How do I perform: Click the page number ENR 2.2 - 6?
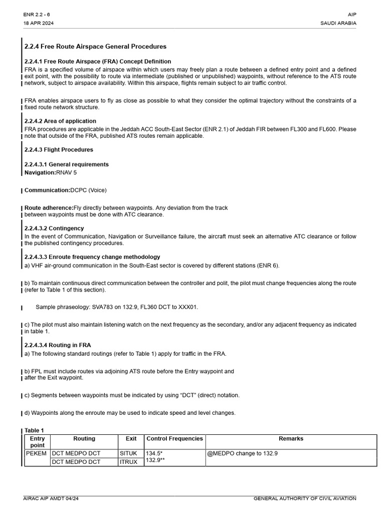click(x=37, y=15)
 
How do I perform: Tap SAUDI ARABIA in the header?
click(x=338, y=24)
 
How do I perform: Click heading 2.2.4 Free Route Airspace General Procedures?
click(x=95, y=47)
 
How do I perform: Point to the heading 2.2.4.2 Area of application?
click(x=60, y=121)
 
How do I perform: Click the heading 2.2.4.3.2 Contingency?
click(x=54, y=228)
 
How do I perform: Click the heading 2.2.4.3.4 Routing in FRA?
click(x=58, y=345)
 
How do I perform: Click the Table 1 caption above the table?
click(x=35, y=430)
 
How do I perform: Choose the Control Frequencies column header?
click(x=174, y=439)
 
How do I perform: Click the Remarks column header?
click(x=291, y=439)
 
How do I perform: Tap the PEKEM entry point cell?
click(x=36, y=453)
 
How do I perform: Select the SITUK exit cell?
click(x=128, y=453)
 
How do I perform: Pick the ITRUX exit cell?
click(x=128, y=462)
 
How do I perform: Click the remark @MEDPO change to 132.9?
click(x=243, y=453)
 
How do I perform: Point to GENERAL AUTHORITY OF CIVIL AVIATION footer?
click(x=305, y=498)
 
